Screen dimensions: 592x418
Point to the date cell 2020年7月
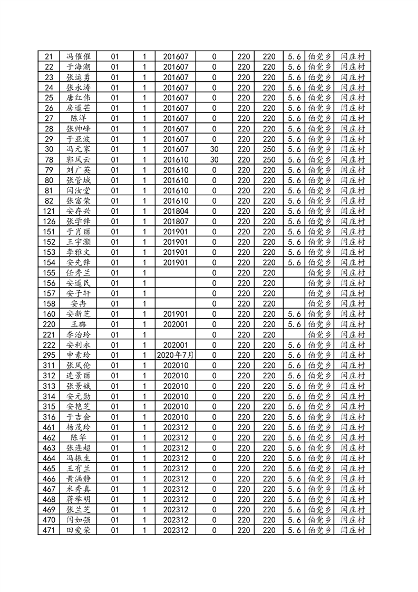coord(176,355)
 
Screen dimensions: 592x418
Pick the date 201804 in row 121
coord(176,211)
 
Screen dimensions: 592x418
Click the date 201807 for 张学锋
coord(176,221)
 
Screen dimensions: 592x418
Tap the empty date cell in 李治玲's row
coord(176,335)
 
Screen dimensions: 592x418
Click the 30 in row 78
coord(214,159)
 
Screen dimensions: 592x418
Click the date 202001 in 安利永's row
coord(176,345)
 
